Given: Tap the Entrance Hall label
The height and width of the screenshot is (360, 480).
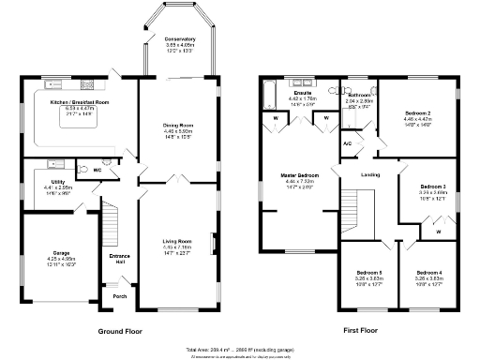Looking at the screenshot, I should click(120, 258).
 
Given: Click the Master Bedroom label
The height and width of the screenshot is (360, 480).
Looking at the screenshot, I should click(300, 175).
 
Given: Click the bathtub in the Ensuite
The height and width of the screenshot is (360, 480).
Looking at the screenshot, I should click(271, 93).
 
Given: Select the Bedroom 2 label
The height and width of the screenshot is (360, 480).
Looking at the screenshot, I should click(417, 112).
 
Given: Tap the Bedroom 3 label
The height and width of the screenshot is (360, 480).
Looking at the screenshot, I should click(432, 186).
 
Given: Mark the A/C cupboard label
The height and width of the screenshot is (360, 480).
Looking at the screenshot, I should click(347, 143).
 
